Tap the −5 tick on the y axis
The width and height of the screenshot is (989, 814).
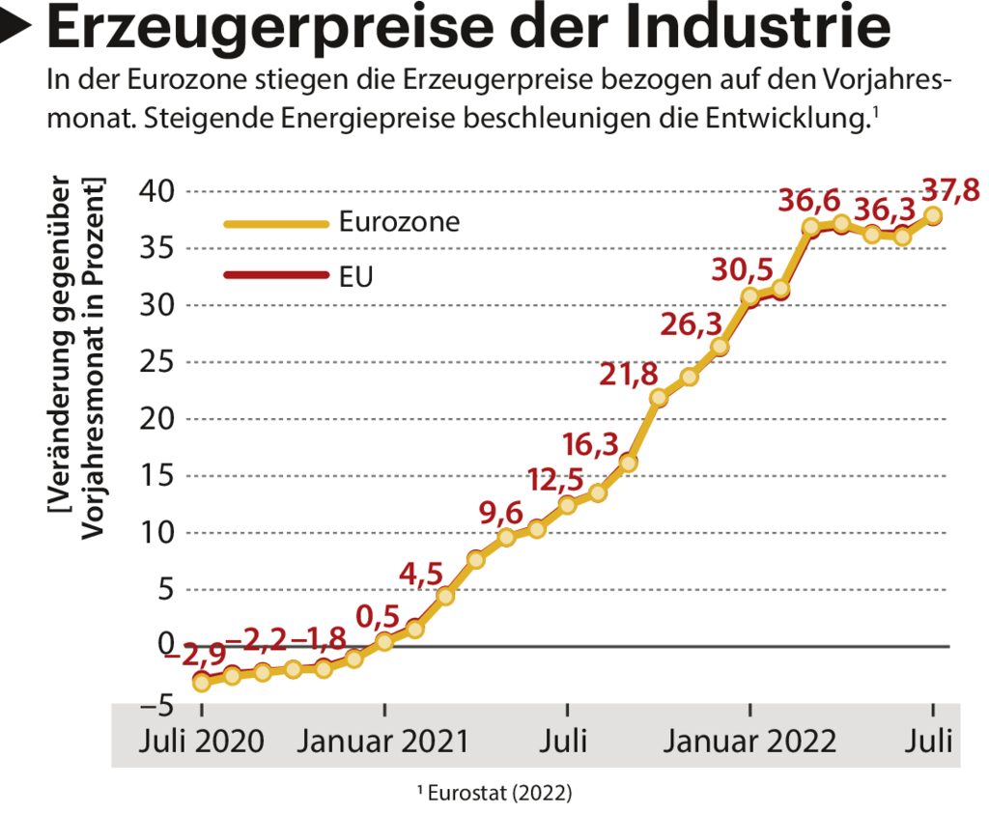(154, 704)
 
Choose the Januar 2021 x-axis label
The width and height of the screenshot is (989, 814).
(384, 743)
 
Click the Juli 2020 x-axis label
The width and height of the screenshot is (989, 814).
(201, 743)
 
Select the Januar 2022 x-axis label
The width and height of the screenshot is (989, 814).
(749, 743)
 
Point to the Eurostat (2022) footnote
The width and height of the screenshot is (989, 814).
(494, 794)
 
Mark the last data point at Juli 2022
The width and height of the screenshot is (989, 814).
(933, 215)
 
